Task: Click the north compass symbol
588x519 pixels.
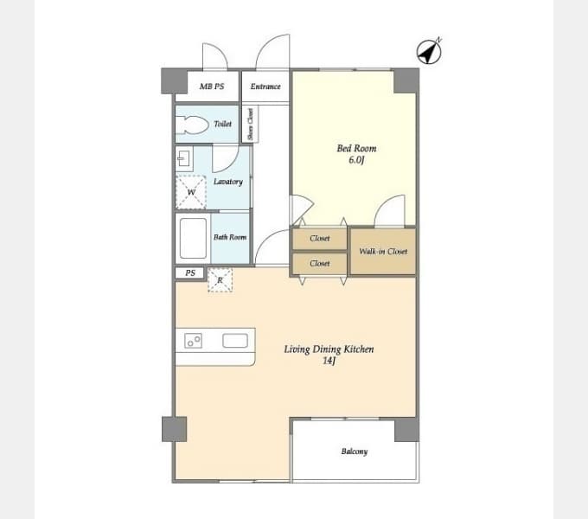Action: point(430,51)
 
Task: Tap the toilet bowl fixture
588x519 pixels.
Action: point(192,125)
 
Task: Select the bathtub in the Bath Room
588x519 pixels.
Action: point(193,239)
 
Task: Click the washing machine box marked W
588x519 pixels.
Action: point(191,192)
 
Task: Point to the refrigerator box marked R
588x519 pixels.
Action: point(220,279)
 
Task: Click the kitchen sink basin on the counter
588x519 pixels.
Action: point(235,341)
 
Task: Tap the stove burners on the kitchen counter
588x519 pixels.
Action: point(193,341)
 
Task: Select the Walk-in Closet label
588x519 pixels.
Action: point(383,252)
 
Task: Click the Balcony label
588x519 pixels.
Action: point(355,452)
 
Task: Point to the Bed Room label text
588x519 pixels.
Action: point(356,149)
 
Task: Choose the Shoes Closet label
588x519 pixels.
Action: point(251,125)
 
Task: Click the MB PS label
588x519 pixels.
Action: point(212,86)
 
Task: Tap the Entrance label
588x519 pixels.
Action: point(265,86)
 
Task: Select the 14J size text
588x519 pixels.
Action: point(329,361)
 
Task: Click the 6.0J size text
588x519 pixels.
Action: point(356,160)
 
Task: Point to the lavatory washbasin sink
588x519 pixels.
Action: point(184,159)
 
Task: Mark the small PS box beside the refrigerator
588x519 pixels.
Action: point(189,273)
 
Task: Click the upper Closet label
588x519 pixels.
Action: point(320,239)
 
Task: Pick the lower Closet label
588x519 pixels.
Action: point(320,264)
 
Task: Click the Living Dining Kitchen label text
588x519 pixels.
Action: point(329,349)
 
